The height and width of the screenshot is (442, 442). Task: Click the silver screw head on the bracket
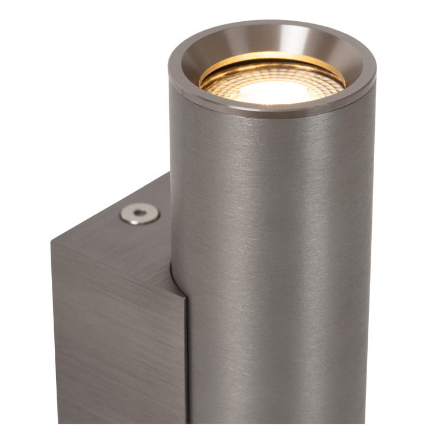[140, 213]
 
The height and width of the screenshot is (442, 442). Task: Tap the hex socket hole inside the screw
[140, 213]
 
